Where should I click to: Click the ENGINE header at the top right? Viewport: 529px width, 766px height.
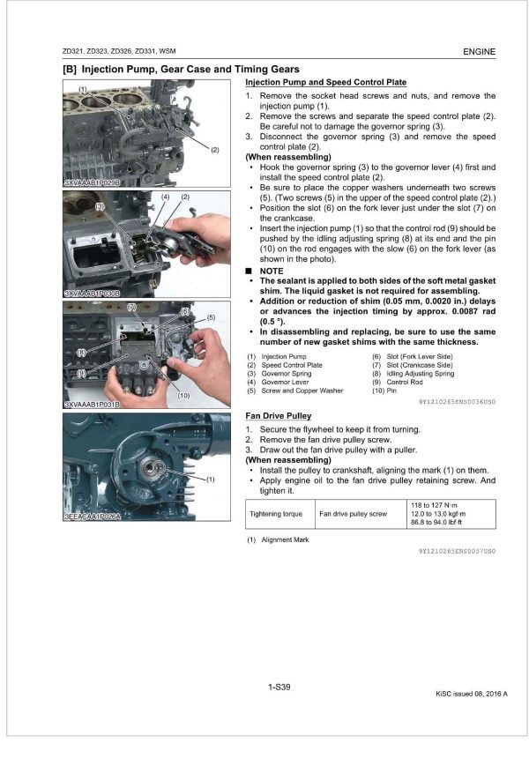coord(479,52)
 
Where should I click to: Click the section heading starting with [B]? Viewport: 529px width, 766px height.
coord(180,69)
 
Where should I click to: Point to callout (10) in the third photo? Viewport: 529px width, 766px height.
coord(183,396)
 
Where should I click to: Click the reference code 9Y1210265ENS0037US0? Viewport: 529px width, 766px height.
coord(457,550)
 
